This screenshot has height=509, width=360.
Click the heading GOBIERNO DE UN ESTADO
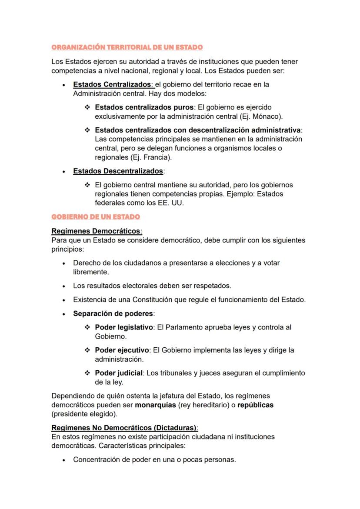(96, 216)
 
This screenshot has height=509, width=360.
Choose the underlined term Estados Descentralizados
(118, 171)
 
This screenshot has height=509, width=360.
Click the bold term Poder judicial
(119, 373)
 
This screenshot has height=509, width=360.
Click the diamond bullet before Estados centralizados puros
(87, 107)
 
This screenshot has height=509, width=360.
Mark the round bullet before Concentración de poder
(64, 460)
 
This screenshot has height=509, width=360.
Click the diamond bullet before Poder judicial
(87, 373)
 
